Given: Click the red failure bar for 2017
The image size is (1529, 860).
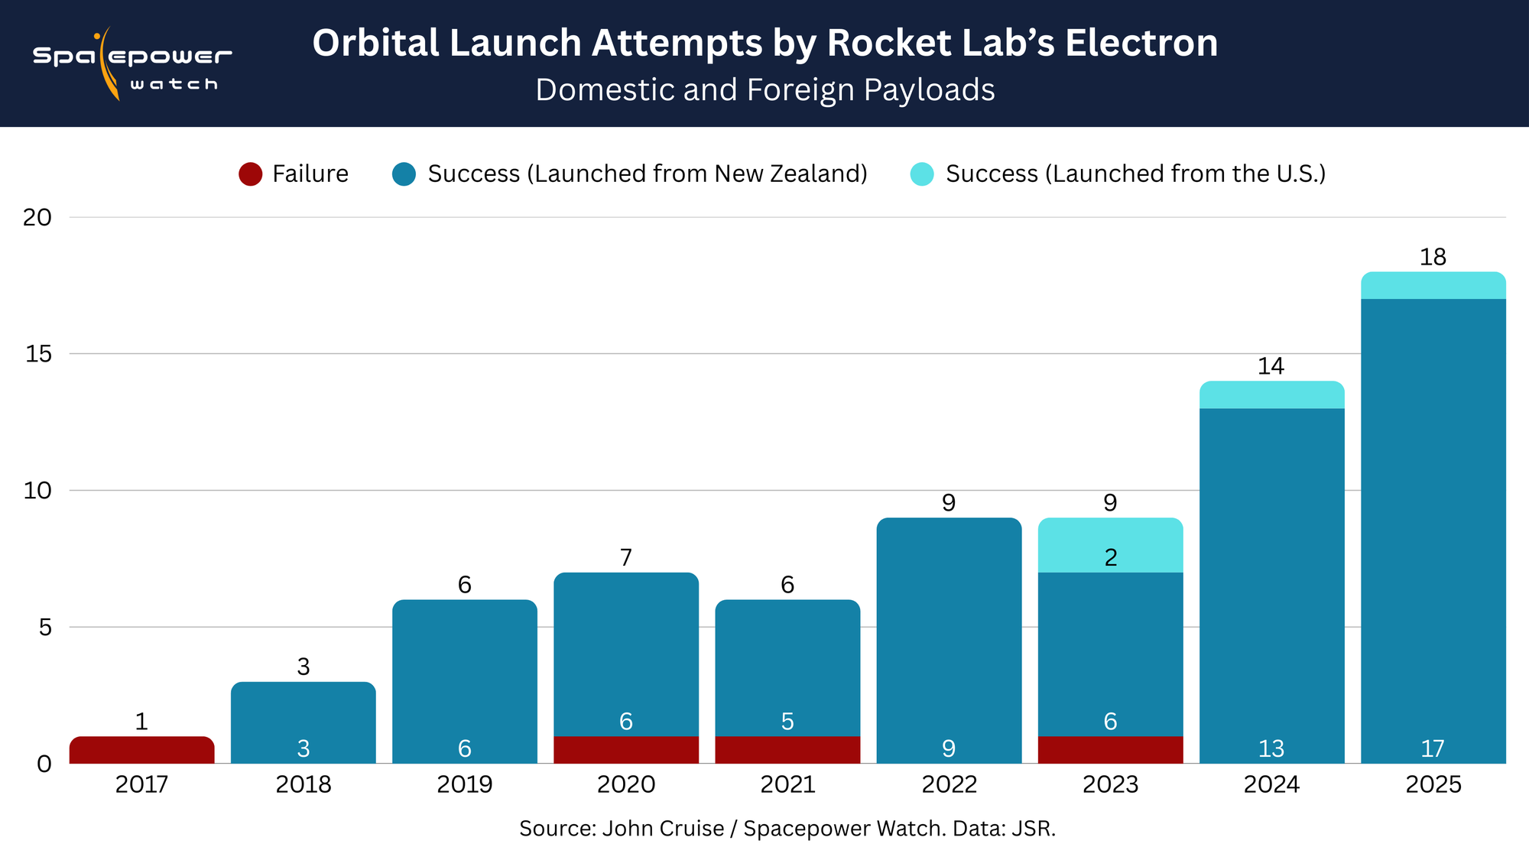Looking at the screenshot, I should click(x=141, y=750).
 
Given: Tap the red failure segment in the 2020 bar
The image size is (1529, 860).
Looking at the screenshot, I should click(x=625, y=750).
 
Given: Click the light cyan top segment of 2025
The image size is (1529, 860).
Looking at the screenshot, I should click(x=1433, y=286).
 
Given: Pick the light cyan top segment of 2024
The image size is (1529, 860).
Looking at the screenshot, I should click(x=1271, y=395).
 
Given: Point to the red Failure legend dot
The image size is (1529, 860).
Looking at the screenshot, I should click(x=251, y=174).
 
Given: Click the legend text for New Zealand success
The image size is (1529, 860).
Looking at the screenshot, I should click(x=648, y=174).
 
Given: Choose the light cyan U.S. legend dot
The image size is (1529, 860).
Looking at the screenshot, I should click(x=922, y=174).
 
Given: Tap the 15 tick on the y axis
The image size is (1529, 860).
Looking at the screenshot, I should click(x=37, y=354).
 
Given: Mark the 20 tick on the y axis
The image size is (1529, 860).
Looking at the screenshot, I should click(x=37, y=218).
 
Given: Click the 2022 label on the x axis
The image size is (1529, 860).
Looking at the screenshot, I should click(x=949, y=785).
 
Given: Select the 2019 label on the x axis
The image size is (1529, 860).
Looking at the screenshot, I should click(x=464, y=785).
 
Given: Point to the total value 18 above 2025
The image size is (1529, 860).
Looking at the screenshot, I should click(x=1433, y=258).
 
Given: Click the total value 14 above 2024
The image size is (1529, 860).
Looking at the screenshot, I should click(x=1271, y=367).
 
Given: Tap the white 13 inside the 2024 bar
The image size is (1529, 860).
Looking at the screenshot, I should click(x=1271, y=748).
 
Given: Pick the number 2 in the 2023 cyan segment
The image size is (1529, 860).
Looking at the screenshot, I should click(x=1111, y=558).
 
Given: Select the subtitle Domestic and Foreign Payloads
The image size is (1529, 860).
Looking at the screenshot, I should click(x=765, y=90).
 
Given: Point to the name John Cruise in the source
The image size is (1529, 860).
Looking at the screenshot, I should click(x=663, y=829).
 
